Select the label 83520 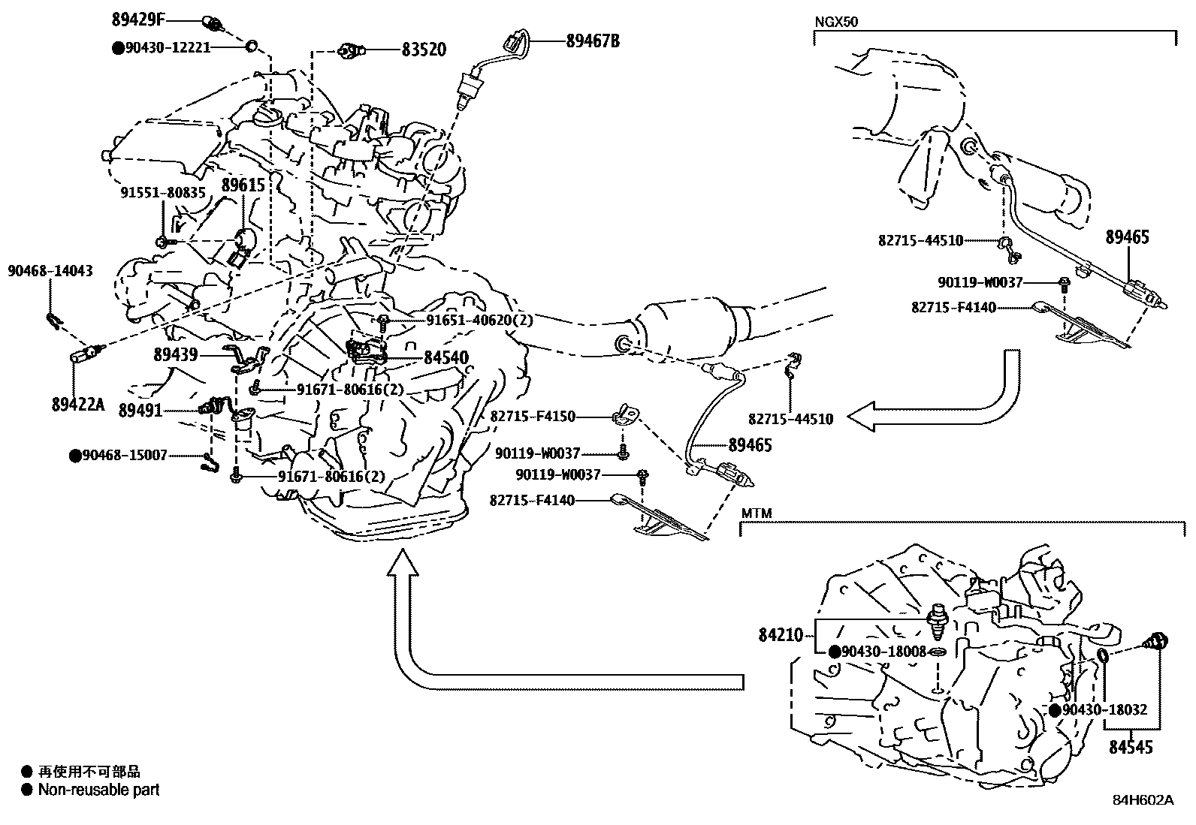click(423, 50)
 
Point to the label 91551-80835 click(163, 193)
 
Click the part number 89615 click(243, 185)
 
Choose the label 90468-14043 click(50, 270)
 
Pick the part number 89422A click(77, 405)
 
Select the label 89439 click(175, 356)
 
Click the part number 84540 click(445, 358)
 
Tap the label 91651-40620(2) click(479, 321)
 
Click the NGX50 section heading click(836, 22)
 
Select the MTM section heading click(756, 513)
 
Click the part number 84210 click(781, 636)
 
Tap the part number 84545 click(1131, 747)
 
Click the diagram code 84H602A click(1143, 800)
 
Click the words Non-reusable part click(98, 790)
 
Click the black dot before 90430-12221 click(118, 47)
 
